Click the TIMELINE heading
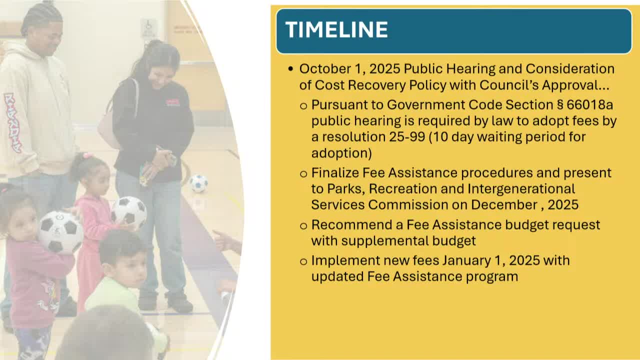pyautogui.click(x=336, y=29)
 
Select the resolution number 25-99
pyautogui.click(x=407, y=137)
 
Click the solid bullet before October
pyautogui.click(x=291, y=69)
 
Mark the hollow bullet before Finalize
pyautogui.click(x=303, y=173)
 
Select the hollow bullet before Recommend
pyautogui.click(x=303, y=226)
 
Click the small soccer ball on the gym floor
pyautogui.click(x=198, y=183)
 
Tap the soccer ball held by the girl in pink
pyautogui.click(x=129, y=212)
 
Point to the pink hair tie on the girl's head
pyautogui.click(x=87, y=155)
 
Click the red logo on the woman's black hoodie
pyautogui.click(x=172, y=102)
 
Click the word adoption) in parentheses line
pyautogui.click(x=341, y=153)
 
